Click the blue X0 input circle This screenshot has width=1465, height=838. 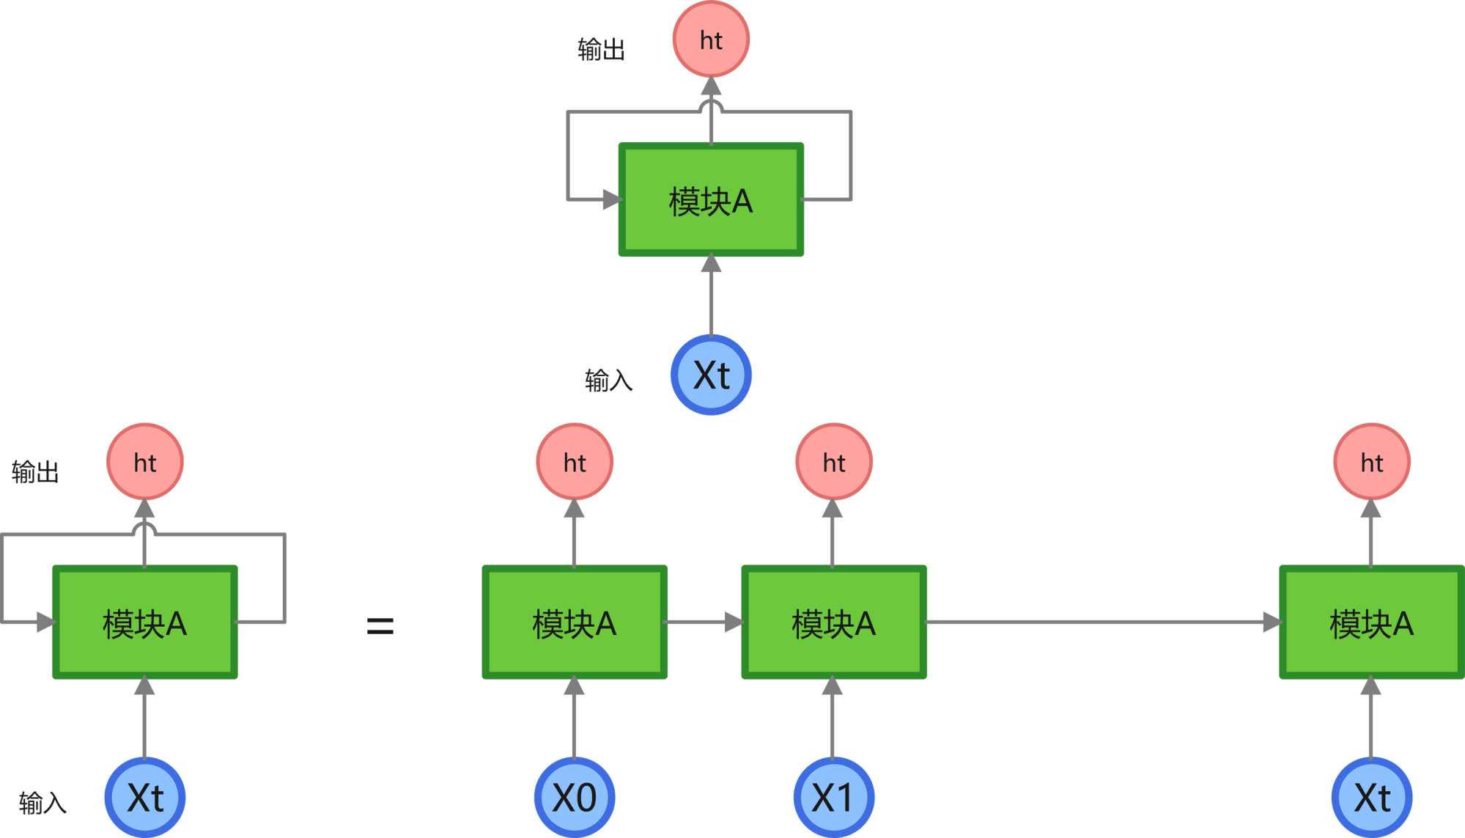point(575,797)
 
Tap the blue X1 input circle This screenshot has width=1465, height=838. point(833,797)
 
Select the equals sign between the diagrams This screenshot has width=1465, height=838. point(380,625)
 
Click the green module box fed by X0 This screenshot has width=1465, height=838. point(575,622)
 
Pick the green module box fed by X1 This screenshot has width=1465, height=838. point(833,622)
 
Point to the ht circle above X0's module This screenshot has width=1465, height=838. point(575,462)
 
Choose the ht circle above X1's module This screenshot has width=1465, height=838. point(833,462)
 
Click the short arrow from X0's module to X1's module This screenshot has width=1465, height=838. point(704,622)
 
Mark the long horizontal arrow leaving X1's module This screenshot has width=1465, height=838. point(1099,622)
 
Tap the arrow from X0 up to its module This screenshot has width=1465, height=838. point(575,718)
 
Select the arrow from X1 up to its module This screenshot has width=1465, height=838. point(833,718)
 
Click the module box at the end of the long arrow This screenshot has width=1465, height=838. point(1371,622)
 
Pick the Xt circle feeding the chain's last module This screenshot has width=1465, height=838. point(1371,797)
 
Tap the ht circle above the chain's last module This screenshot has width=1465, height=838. point(1371,462)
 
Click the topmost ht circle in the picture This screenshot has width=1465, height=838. point(711,40)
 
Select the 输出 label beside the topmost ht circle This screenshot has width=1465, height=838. point(601,50)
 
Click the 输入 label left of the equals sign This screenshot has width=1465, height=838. point(43,803)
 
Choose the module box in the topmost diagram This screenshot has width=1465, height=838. point(711,200)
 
